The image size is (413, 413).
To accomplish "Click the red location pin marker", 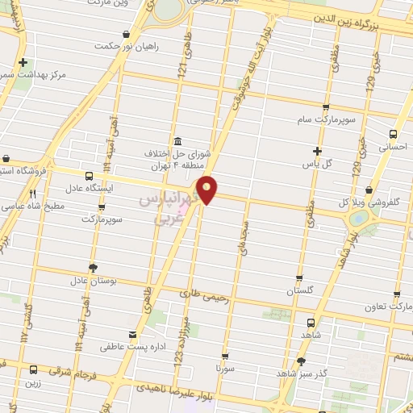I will pyautogui.click(x=207, y=189).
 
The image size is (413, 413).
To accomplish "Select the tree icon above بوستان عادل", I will pyautogui.click(x=94, y=268).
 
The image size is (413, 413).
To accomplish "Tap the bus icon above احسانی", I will pyautogui.click(x=393, y=135).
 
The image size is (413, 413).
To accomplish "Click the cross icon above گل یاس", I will pyautogui.click(x=318, y=151).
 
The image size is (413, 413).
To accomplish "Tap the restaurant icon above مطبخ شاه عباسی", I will pyautogui.click(x=33, y=194).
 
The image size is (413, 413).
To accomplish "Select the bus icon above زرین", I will pyautogui.click(x=33, y=369).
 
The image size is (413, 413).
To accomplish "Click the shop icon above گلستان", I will pyautogui.click(x=299, y=277).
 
